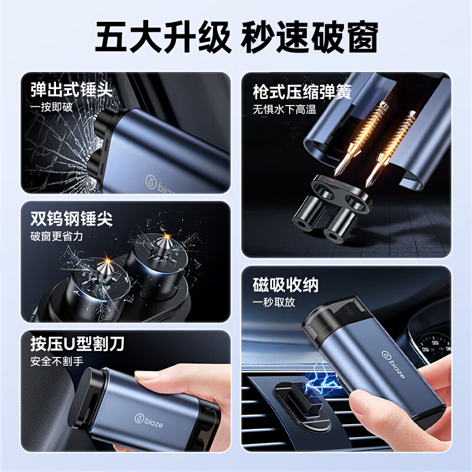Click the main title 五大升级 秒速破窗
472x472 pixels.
[x=237, y=37]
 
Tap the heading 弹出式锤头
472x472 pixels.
[x=71, y=90]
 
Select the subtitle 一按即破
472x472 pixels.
[x=51, y=107]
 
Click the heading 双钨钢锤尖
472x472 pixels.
[x=71, y=218]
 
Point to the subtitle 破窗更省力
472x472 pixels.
[x=57, y=237]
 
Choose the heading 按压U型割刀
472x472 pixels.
[x=77, y=344]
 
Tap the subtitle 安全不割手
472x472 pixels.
[x=57, y=361]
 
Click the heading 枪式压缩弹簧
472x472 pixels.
[x=302, y=92]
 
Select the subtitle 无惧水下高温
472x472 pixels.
[x=284, y=109]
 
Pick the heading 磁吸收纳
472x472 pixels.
[x=286, y=285]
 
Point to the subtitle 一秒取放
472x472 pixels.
[x=274, y=302]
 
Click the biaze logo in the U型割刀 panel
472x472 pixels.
[x=149, y=421]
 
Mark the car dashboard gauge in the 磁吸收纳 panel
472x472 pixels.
[x=434, y=346]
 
